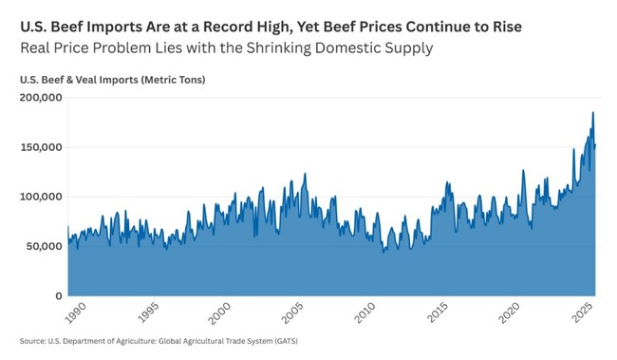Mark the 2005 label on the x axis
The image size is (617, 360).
tap(290, 310)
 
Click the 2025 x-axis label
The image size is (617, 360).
tap(582, 310)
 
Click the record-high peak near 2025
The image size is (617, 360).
tap(593, 113)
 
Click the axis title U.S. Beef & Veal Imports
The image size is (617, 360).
tap(84, 80)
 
